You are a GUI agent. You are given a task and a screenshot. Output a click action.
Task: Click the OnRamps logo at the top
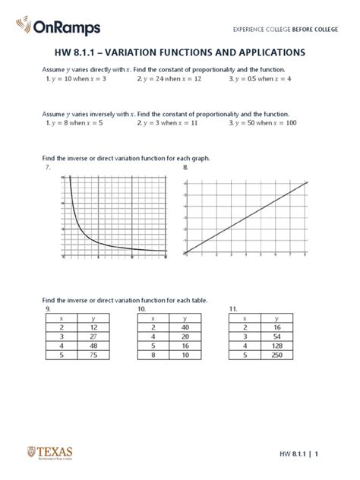(x=52, y=28)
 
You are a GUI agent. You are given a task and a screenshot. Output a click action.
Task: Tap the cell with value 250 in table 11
(x=276, y=353)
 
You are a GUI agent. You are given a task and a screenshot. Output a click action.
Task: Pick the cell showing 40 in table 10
(x=185, y=326)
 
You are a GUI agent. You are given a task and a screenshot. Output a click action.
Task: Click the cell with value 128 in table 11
(x=276, y=344)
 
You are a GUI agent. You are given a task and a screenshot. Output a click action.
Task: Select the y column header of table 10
(x=185, y=317)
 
